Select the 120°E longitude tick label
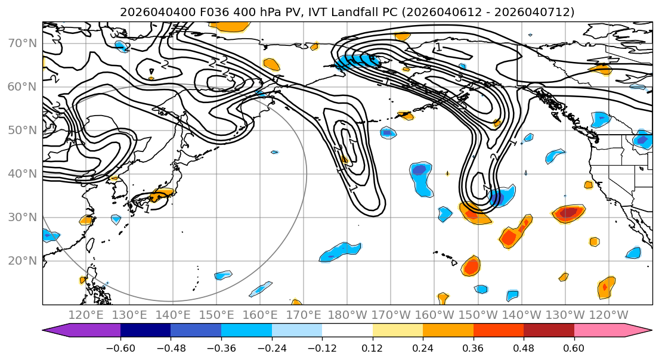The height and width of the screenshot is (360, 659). coord(86,315)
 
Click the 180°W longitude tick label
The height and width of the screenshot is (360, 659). coord(347,315)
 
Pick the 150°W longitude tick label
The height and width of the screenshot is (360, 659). coord(478,315)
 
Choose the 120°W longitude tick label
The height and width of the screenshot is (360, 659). coord(608,315)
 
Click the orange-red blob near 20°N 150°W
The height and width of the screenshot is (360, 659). coord(471,266)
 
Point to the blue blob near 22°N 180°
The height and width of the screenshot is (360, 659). coord(341,252)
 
